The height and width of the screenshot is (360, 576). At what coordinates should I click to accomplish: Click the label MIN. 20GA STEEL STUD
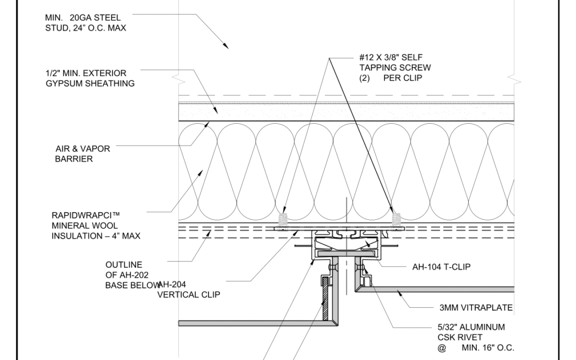[x=85, y=23]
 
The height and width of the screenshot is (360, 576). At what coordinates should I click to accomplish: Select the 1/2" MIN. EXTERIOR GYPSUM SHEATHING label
[x=90, y=78]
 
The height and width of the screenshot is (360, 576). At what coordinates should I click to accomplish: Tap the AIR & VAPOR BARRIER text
[x=83, y=154]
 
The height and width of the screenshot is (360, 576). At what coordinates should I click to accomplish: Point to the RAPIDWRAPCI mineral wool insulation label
[x=96, y=226]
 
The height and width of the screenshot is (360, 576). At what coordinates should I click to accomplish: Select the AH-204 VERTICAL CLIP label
[x=189, y=290]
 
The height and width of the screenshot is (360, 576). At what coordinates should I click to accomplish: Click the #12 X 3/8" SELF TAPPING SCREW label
[x=395, y=68]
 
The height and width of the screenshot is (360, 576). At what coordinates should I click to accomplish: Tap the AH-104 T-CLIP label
[x=441, y=267]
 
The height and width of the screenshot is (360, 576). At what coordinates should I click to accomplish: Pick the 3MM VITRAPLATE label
[x=476, y=308]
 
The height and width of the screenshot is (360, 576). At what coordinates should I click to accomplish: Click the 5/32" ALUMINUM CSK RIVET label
[x=476, y=337]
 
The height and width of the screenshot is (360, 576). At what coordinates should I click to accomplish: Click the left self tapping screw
[x=283, y=221]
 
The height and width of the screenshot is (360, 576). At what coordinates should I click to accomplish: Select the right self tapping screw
[x=396, y=221]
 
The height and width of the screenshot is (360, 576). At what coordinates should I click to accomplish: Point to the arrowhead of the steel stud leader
[x=226, y=45]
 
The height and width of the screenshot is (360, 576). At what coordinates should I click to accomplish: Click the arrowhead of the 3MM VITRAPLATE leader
[x=399, y=293]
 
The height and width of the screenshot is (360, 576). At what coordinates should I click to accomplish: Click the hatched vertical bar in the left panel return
[x=325, y=299]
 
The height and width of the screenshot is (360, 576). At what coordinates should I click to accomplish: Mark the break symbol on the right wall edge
[x=514, y=79]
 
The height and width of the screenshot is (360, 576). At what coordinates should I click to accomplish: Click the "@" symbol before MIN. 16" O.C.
[x=442, y=348]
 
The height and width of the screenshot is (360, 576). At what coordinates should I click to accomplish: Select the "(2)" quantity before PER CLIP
[x=364, y=78]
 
